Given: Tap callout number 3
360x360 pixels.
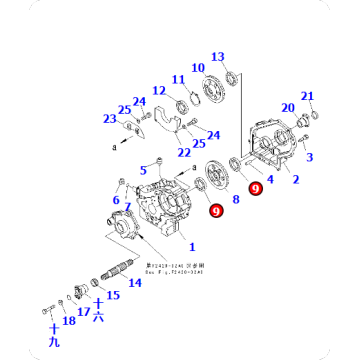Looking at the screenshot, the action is [309, 157].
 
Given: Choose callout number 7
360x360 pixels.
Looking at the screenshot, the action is [127, 206].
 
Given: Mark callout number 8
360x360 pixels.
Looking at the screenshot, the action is [237, 199].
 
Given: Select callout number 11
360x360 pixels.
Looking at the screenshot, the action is [179, 80].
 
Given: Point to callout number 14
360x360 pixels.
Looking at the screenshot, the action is [135, 283].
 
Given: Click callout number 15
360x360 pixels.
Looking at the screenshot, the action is [113, 295].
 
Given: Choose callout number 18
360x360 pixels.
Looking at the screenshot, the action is [68, 320].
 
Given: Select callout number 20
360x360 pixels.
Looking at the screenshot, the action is [287, 108].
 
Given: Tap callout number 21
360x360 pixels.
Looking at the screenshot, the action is [308, 96].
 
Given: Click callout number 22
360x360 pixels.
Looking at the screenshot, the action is [184, 153].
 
